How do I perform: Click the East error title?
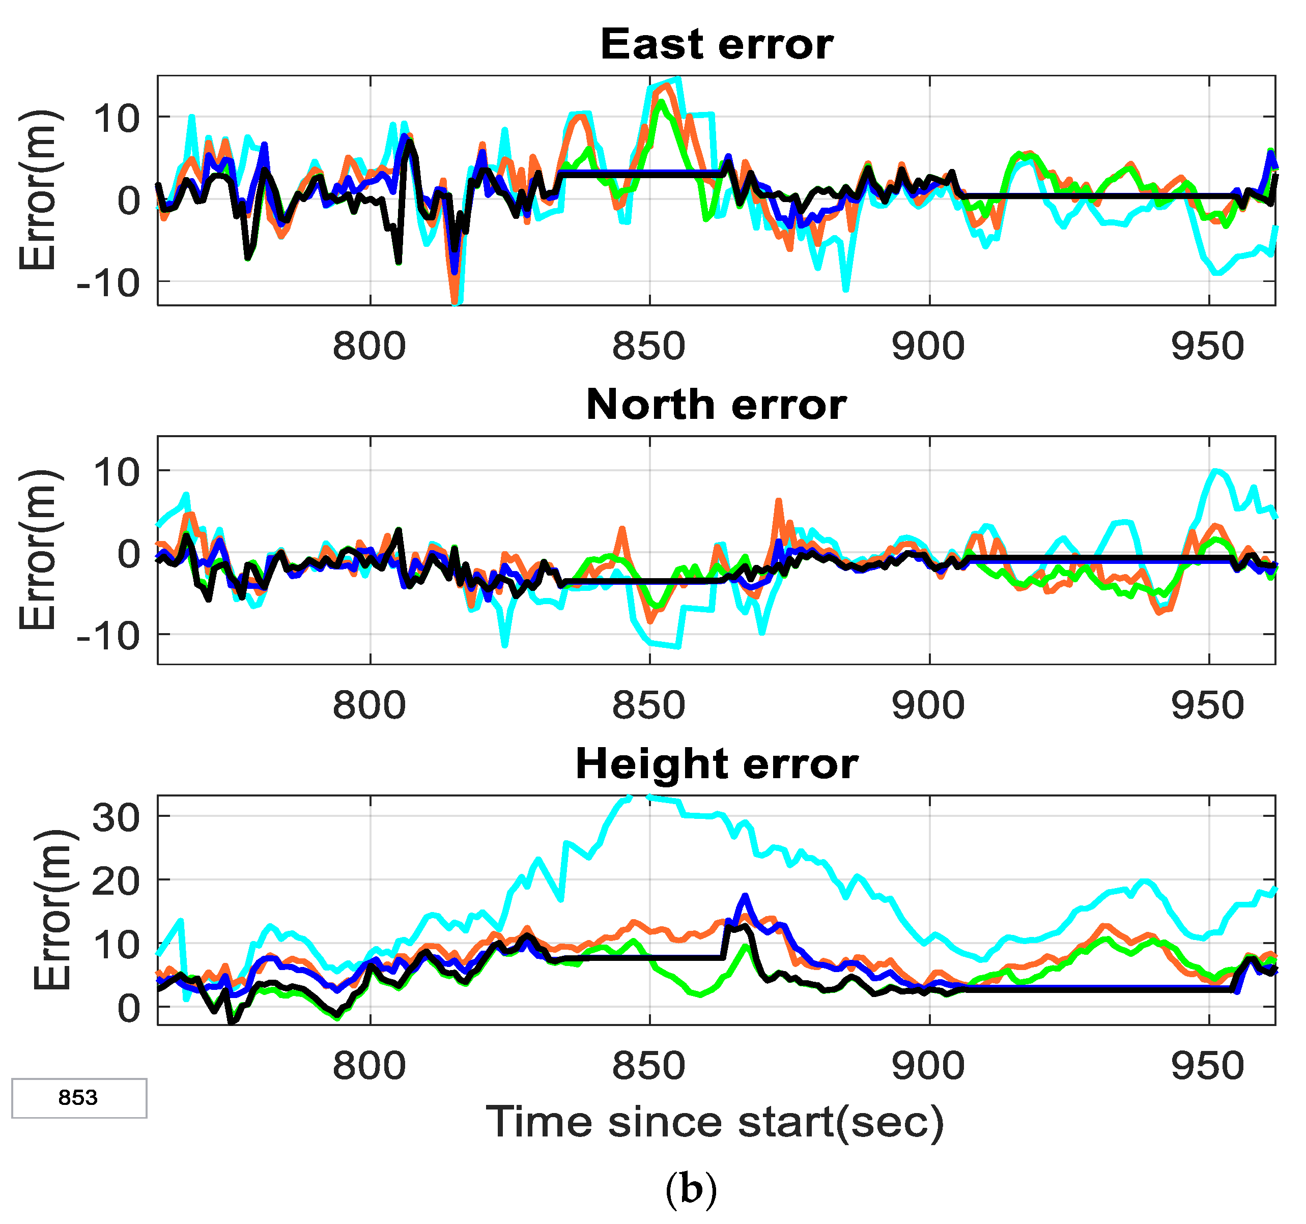(717, 45)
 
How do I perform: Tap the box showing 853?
(79, 1098)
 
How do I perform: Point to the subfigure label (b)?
(691, 1188)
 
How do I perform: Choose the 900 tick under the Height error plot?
(928, 1066)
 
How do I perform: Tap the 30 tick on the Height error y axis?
(116, 817)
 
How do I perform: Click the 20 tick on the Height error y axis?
(116, 881)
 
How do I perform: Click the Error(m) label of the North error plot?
(38, 551)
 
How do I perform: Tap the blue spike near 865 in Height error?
(745, 896)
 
